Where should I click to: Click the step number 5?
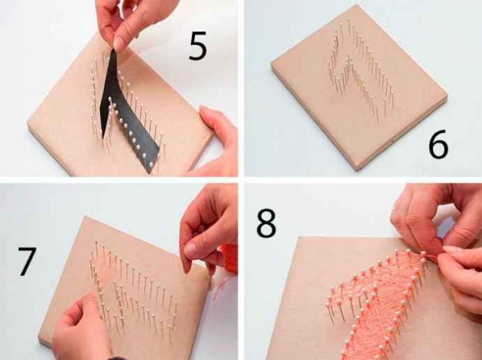(198, 46)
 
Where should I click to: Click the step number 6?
(439, 144)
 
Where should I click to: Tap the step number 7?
(27, 261)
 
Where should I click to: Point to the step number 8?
(266, 223)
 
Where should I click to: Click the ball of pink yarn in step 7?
(229, 259)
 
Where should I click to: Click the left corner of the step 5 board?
(28, 122)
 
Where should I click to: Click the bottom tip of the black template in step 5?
(151, 173)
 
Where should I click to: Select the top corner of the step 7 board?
(85, 216)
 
